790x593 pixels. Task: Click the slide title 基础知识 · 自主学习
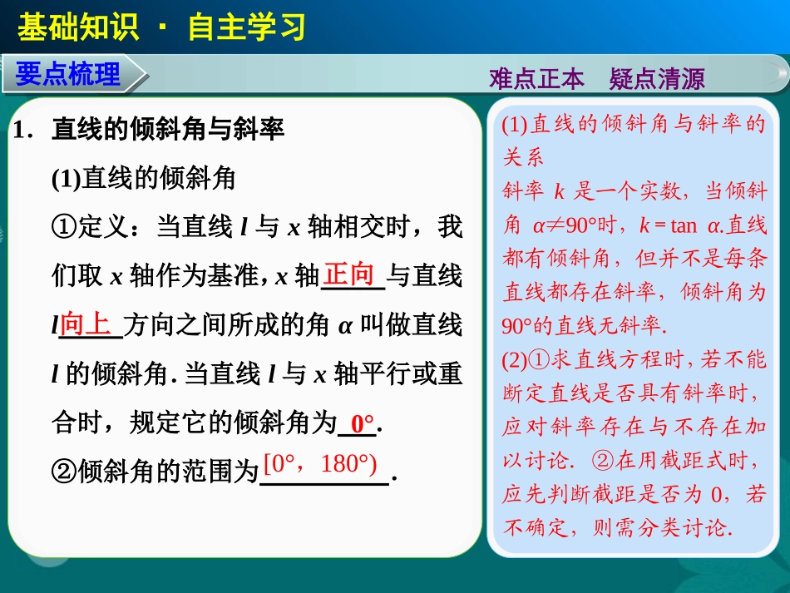pyautogui.click(x=161, y=27)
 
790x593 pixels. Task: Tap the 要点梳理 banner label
pyautogui.click(x=68, y=76)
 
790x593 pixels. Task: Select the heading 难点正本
pyautogui.click(x=537, y=79)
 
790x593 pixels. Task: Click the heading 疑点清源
pyautogui.click(x=656, y=79)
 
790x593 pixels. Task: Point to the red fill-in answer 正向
pyautogui.click(x=349, y=274)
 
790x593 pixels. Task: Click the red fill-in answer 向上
pyautogui.click(x=86, y=324)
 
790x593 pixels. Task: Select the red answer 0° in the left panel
pyautogui.click(x=363, y=423)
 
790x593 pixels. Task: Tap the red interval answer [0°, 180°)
pyautogui.click(x=319, y=463)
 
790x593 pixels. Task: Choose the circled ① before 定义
pyautogui.click(x=64, y=227)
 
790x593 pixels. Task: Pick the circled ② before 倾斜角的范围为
pyautogui.click(x=64, y=473)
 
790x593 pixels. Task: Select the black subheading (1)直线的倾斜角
pyautogui.click(x=144, y=178)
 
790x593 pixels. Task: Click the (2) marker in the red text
pyautogui.click(x=516, y=359)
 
